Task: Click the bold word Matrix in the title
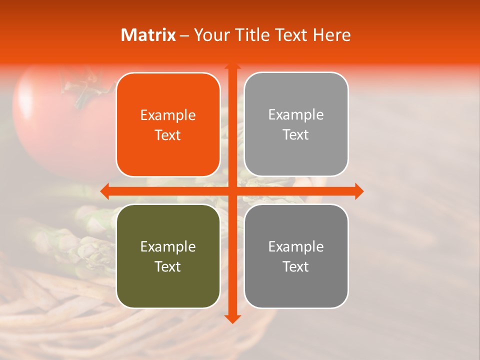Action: (148, 35)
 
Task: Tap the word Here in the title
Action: (331, 35)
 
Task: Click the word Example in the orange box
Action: (168, 115)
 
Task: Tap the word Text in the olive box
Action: (168, 266)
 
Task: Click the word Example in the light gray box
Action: (296, 115)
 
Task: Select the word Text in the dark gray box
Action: (296, 266)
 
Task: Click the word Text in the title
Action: (290, 35)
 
